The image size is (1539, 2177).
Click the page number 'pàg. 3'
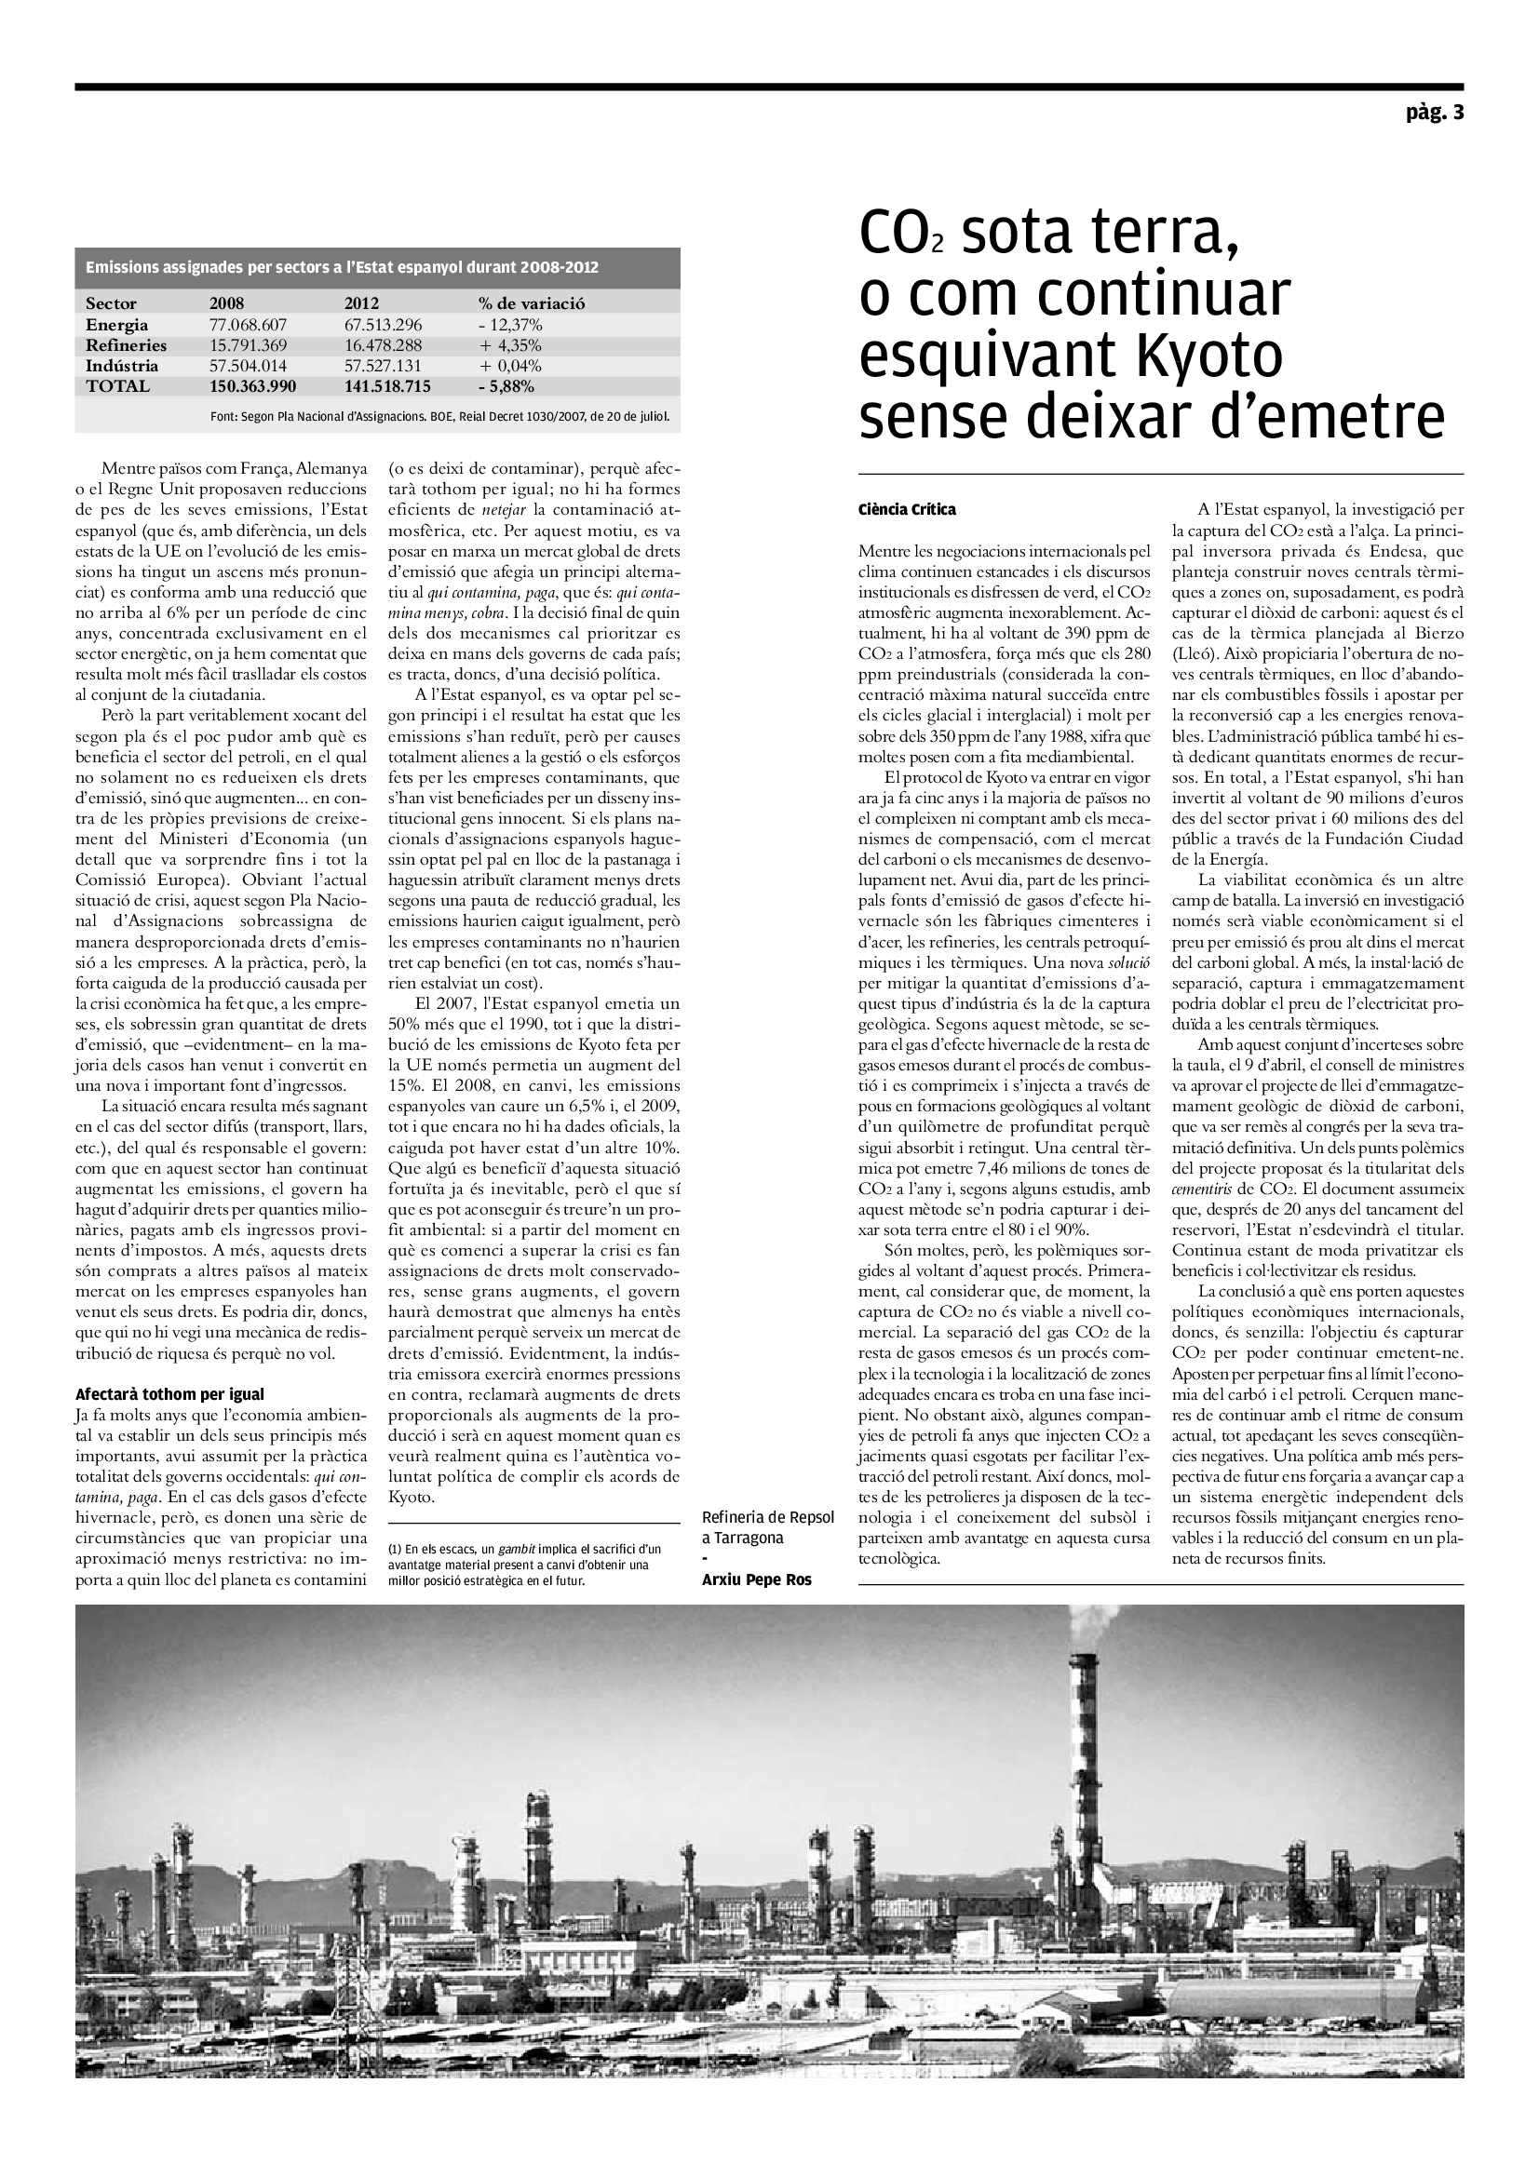(1435, 114)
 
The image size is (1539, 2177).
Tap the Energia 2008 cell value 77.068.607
(248, 325)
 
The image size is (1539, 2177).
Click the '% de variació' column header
(531, 303)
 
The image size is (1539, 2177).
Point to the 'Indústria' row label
(122, 366)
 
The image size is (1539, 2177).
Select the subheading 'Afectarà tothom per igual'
(169, 1394)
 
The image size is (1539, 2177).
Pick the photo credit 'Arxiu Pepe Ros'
(757, 1579)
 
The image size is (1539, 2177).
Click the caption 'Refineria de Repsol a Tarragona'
(768, 1527)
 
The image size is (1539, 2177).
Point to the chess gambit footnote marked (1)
(524, 1565)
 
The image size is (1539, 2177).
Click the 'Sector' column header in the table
(111, 303)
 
